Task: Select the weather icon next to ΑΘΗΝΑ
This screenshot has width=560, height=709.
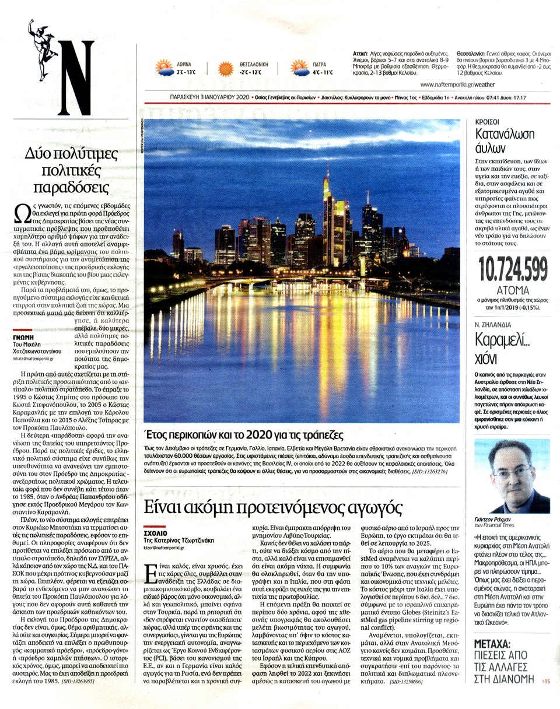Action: click(x=164, y=69)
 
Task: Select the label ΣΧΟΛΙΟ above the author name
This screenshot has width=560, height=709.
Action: click(x=155, y=532)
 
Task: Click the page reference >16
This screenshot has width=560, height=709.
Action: click(x=546, y=680)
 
